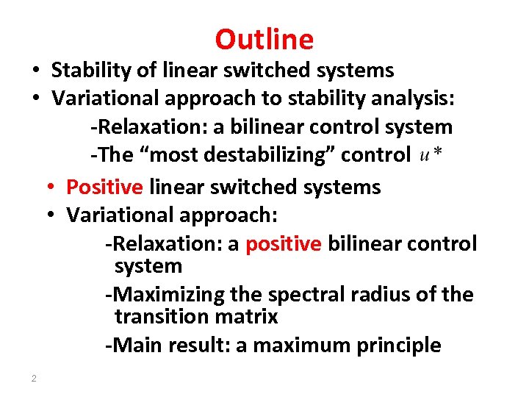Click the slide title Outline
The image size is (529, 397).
pyautogui.click(x=264, y=39)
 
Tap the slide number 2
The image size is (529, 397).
pyautogui.click(x=34, y=379)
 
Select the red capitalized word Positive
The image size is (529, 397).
pyautogui.click(x=104, y=187)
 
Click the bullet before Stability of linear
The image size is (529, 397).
pyautogui.click(x=35, y=71)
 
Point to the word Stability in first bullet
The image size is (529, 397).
pyautogui.click(x=87, y=71)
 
